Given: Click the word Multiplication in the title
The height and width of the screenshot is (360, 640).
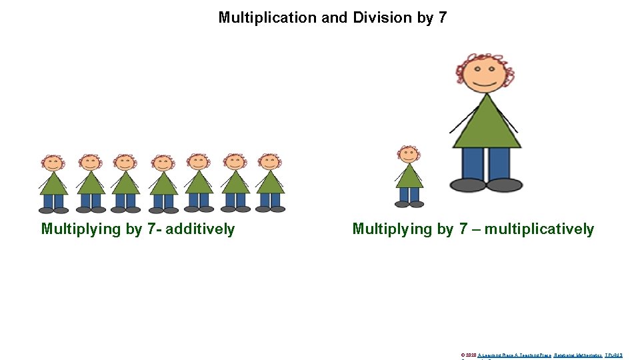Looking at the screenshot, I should (x=268, y=18).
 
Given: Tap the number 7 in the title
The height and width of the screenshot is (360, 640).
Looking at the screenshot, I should (x=443, y=18).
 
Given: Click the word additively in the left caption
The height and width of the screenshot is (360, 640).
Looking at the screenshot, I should (x=200, y=229).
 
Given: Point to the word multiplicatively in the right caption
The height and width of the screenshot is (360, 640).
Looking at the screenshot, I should (x=539, y=229).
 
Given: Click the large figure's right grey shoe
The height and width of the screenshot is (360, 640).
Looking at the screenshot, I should (x=504, y=185).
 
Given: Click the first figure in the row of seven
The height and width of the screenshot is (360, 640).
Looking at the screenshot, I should (x=53, y=183).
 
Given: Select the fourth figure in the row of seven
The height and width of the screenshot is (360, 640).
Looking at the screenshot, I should (x=163, y=183).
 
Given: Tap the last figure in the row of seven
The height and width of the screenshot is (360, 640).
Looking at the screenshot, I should (x=270, y=183).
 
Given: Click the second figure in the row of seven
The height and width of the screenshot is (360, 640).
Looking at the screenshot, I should (x=90, y=183).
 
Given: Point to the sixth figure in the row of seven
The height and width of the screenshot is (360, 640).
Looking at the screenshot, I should (x=234, y=183).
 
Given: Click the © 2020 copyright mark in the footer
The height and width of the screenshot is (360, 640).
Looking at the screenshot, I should (x=469, y=355).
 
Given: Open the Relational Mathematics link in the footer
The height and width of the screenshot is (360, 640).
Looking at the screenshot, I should (x=577, y=355).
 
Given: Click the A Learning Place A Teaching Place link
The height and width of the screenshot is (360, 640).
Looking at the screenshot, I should (x=514, y=355).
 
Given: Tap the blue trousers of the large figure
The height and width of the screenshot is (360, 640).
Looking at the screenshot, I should (x=486, y=163).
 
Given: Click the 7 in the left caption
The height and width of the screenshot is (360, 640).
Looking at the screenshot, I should (x=156, y=229).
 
